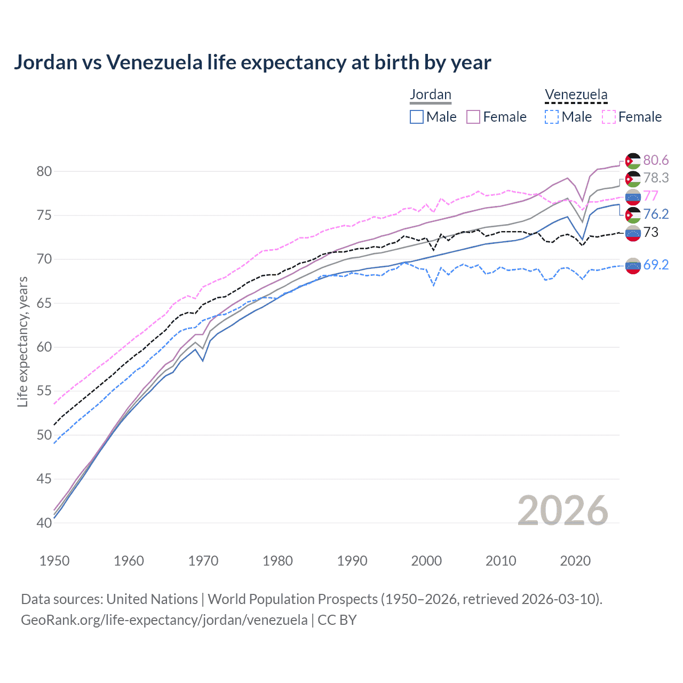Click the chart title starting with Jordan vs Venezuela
252,62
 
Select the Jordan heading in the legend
430,94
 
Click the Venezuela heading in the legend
576,94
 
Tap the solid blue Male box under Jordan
417,117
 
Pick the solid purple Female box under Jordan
473,117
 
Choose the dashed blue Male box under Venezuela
552,117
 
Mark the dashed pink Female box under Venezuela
609,117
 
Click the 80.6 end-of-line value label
656,160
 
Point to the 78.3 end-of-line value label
656,178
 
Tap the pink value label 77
650,196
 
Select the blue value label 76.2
656,214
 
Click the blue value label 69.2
656,265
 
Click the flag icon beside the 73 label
633,233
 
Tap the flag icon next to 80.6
633,161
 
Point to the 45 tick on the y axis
45,479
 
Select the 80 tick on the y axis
45,171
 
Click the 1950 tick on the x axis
54,561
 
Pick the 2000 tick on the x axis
426,561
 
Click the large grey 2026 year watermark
562,511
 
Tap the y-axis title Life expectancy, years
22,341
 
